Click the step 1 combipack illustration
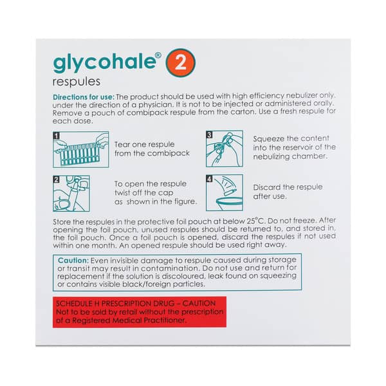click(x=81, y=149)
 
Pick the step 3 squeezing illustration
click(x=224, y=149)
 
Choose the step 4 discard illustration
click(x=224, y=192)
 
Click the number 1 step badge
click(x=56, y=136)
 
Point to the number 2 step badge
click(x=56, y=179)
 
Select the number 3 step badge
click(x=209, y=136)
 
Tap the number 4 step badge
click(x=209, y=179)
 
